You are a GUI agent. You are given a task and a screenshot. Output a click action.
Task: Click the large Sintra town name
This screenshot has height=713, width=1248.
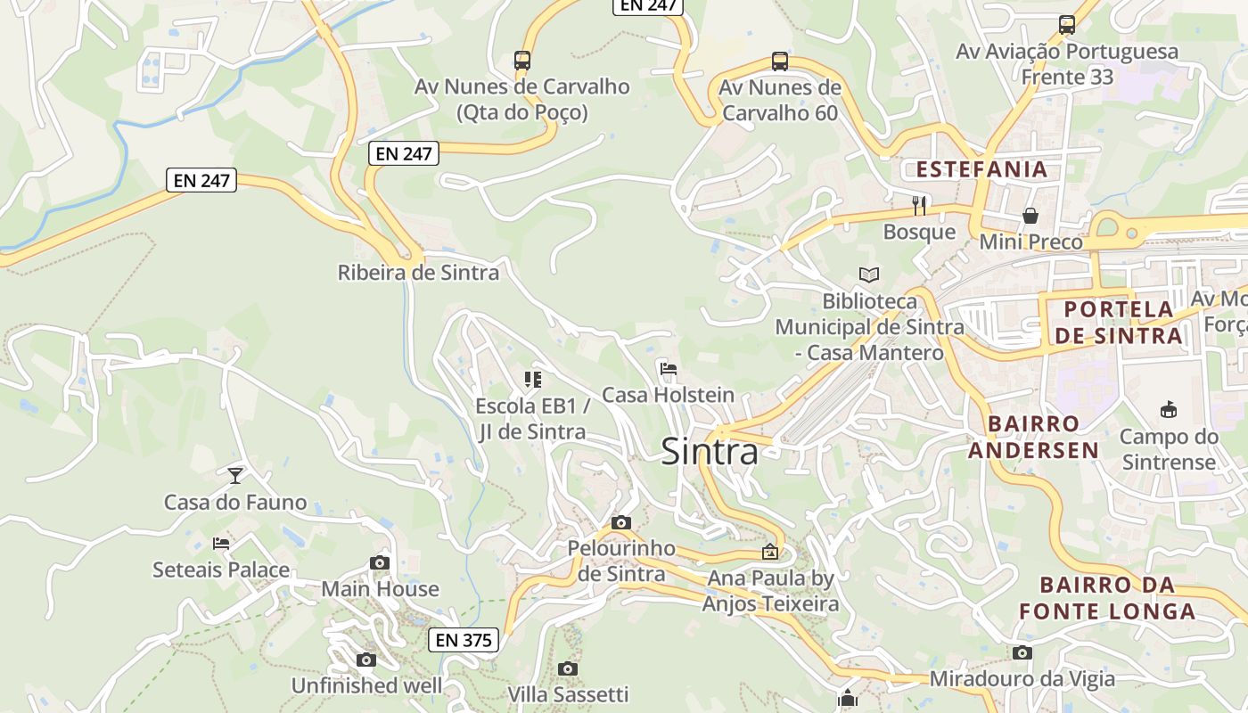tap(710, 452)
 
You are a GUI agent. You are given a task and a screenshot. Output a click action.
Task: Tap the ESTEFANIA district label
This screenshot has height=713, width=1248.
tap(981, 169)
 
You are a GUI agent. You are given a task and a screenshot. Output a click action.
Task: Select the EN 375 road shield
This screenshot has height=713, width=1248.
tap(464, 639)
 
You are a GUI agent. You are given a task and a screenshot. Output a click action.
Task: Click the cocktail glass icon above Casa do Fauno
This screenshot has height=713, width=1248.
tap(235, 475)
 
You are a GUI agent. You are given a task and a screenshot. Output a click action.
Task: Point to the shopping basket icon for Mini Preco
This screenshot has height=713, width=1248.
tap(1030, 216)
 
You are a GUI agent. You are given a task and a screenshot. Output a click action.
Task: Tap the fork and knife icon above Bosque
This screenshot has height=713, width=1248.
tap(919, 206)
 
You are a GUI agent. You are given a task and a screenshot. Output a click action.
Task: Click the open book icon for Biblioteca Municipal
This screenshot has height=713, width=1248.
tap(869, 275)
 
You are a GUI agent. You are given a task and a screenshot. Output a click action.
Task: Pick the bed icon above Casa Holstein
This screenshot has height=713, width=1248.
tap(668, 368)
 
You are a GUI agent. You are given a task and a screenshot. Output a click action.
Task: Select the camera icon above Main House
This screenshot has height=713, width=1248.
tap(380, 562)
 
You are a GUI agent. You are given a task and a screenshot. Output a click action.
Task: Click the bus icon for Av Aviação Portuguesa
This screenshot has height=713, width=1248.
tap(1067, 25)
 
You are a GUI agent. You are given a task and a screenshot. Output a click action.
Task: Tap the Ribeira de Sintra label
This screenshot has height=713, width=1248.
tap(418, 273)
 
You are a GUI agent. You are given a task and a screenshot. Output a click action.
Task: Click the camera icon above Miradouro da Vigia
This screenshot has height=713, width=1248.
tap(1022, 653)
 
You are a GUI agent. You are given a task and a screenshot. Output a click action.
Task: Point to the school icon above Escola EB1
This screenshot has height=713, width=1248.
tap(533, 380)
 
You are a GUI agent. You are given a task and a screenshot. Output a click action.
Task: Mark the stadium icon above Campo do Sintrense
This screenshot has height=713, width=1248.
tap(1169, 410)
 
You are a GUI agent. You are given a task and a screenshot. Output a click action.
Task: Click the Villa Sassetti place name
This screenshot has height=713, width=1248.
tap(568, 694)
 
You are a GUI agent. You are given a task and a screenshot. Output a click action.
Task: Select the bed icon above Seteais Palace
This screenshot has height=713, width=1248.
tap(221, 543)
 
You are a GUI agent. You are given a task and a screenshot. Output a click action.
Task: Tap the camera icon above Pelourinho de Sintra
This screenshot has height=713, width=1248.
tap(621, 522)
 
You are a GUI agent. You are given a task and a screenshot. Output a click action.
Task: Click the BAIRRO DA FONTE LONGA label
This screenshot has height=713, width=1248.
tap(1107, 598)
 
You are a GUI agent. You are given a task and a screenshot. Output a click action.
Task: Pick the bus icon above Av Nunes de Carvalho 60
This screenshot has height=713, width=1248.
tap(780, 61)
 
